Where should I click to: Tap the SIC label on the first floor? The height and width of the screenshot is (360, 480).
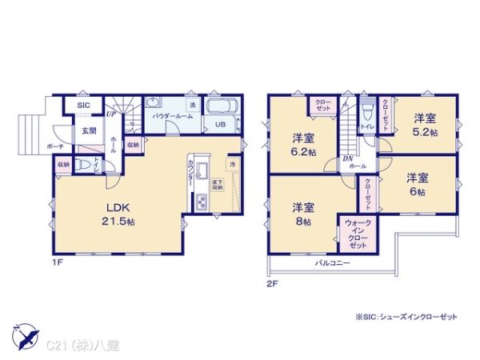tap(83, 106)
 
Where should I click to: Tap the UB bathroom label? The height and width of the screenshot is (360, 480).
tap(218, 124)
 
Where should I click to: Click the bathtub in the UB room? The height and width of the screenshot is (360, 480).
tap(220, 106)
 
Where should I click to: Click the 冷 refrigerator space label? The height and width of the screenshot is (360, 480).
tap(232, 164)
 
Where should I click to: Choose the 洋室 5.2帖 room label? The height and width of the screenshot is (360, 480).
tap(425, 126)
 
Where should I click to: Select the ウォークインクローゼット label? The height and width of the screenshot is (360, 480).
tap(358, 233)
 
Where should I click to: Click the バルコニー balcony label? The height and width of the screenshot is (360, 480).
tap(332, 262)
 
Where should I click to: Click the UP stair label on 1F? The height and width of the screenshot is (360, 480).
tap(110, 115)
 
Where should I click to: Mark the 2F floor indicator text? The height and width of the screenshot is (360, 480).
tap(273, 282)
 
